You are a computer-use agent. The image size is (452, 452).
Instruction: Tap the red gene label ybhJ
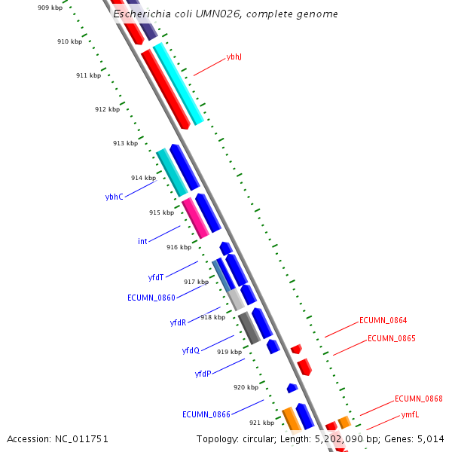click(x=234, y=57)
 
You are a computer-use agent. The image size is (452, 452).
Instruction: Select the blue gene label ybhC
click(x=114, y=197)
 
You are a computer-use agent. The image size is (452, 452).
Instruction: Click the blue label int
click(x=142, y=241)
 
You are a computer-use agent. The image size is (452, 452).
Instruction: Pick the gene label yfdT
click(x=156, y=277)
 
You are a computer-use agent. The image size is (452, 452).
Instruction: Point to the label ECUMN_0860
click(x=151, y=298)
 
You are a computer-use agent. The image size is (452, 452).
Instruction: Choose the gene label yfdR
click(x=178, y=322)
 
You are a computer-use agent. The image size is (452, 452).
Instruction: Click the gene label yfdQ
click(x=191, y=350)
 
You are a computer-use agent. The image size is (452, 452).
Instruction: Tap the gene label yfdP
click(x=203, y=374)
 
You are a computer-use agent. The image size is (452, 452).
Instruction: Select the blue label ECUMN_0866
click(x=206, y=414)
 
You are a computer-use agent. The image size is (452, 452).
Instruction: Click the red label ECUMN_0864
click(x=383, y=320)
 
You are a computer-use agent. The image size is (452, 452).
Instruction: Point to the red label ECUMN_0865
click(x=391, y=338)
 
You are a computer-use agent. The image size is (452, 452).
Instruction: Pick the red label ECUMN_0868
click(x=418, y=399)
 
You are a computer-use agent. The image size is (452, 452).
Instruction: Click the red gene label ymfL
click(x=410, y=415)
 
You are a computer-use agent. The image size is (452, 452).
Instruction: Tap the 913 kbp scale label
click(x=125, y=143)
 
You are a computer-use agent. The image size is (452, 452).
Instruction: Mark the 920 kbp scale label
click(x=246, y=387)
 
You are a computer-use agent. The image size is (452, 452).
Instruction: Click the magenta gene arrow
click(x=195, y=218)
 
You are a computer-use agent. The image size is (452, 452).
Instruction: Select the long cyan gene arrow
click(x=179, y=83)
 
